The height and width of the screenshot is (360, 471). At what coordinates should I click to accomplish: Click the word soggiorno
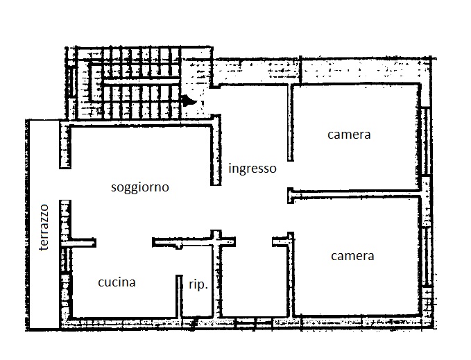(140, 188)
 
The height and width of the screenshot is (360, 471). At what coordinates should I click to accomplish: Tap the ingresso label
(252, 168)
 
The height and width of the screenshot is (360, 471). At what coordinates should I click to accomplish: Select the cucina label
(117, 282)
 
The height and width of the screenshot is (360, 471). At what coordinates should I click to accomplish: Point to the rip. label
(198, 284)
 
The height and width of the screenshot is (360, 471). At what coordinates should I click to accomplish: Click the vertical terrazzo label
(44, 228)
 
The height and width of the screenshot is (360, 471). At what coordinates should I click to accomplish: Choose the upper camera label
(349, 134)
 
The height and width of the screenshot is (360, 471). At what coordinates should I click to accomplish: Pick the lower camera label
(352, 256)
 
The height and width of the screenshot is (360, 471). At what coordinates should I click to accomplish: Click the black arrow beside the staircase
(189, 101)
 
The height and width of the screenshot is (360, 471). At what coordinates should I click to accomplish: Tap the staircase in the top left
(123, 83)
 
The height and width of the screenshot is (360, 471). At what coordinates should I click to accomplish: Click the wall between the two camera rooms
(354, 194)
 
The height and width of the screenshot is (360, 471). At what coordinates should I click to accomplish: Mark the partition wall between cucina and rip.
(179, 296)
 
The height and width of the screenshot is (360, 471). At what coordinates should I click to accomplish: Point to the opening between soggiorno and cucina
(123, 242)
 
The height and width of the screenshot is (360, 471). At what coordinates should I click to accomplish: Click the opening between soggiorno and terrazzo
(65, 184)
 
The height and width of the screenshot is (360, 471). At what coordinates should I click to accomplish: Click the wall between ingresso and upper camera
(290, 123)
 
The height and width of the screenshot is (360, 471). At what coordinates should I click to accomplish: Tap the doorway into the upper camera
(291, 174)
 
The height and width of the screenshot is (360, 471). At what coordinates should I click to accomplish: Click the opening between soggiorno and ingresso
(216, 208)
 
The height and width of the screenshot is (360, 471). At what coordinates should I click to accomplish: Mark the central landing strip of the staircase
(142, 81)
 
